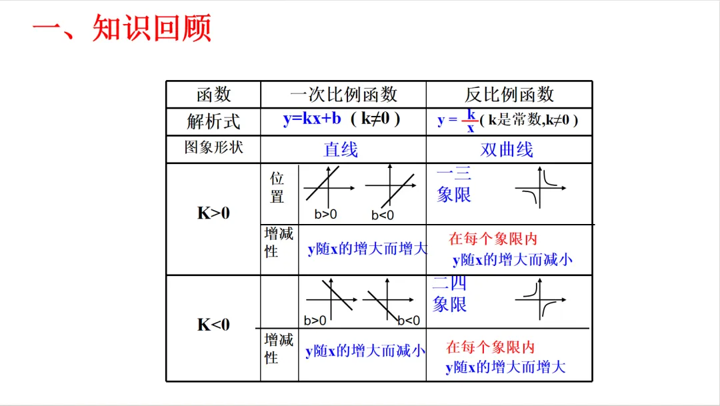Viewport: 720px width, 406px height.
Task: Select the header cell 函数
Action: point(213,95)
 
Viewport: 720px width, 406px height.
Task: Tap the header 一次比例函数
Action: point(343,95)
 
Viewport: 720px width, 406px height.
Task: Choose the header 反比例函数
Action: point(509,95)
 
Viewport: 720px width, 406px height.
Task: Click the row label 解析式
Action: point(213,122)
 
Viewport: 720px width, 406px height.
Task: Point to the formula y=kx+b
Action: point(312,119)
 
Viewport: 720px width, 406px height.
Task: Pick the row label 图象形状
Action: point(213,147)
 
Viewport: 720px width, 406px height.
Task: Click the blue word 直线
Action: point(341,149)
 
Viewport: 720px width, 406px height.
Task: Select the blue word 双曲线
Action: point(507,149)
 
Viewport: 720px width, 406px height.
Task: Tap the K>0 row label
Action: point(213,213)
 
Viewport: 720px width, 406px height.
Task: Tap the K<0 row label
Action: point(213,325)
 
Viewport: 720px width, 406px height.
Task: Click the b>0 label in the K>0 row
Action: point(326,215)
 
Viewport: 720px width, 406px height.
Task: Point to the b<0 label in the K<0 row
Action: point(409,321)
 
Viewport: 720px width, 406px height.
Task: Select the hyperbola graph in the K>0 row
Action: point(540,189)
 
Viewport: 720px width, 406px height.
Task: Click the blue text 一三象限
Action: point(454,185)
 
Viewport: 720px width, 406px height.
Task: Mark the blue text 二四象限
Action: point(450,294)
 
